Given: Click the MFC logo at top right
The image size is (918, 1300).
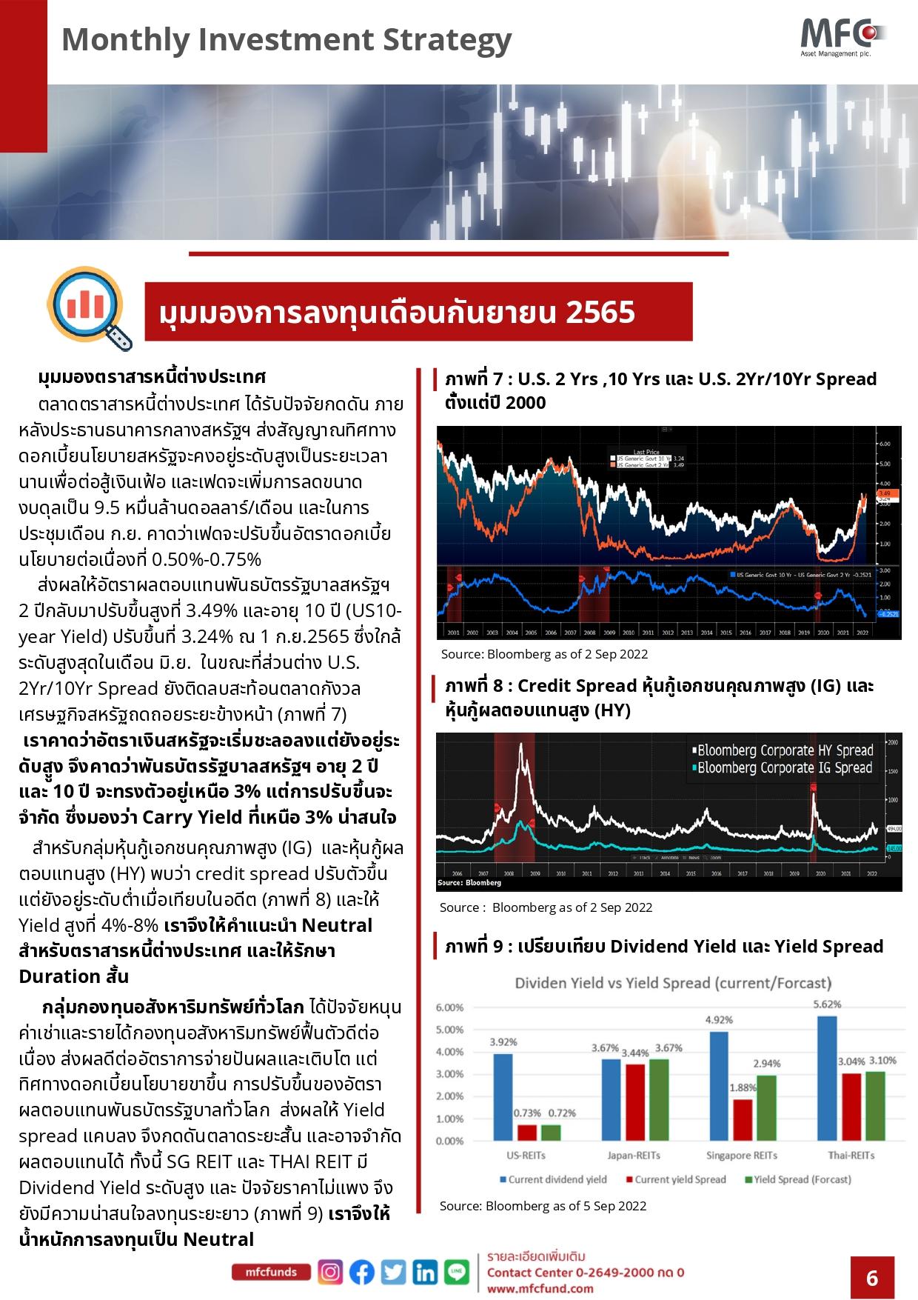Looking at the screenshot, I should pos(842,35).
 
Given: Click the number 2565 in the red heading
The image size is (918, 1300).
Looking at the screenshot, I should pos(600,313).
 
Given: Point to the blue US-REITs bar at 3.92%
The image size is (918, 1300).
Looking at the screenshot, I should pos(503,1097).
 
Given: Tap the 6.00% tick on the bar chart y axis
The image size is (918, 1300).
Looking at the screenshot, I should pos(449,1008).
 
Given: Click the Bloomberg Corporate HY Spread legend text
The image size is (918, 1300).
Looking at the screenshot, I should pos(785,750).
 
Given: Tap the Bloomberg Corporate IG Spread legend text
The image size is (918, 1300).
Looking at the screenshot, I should pos(785,767).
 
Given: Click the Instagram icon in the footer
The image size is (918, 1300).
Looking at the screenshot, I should pos(330,1272).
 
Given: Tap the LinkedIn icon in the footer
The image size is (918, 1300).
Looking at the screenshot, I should pos(425,1272).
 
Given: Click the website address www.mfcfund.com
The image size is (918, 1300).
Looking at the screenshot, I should pos(540,1288).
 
